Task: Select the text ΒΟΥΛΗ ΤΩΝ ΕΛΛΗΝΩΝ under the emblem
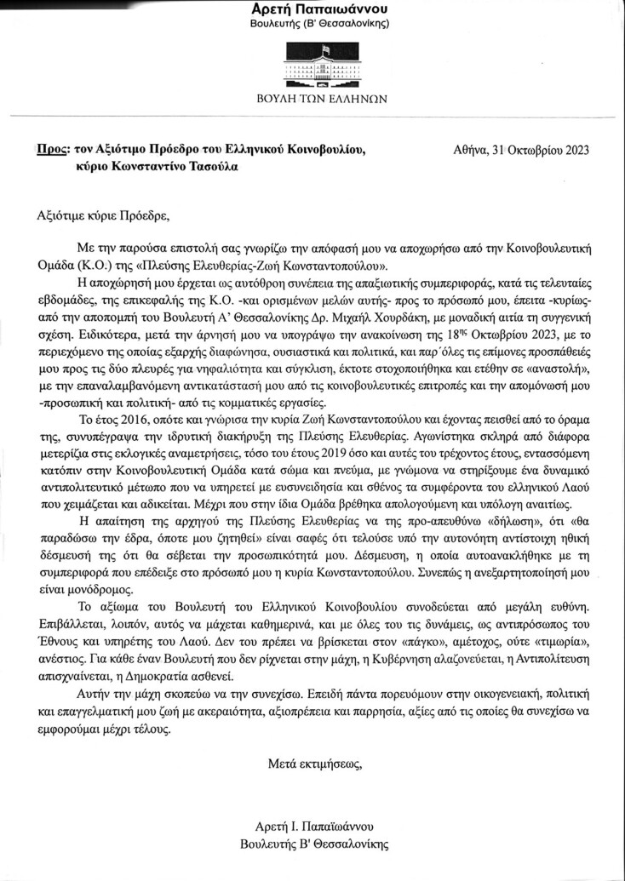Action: (321, 98)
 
